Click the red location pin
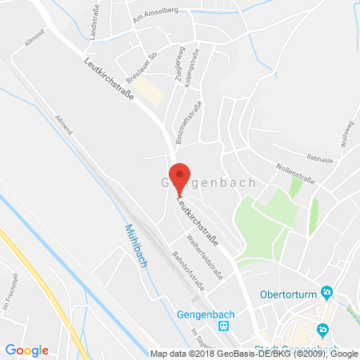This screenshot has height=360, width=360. (x=182, y=177)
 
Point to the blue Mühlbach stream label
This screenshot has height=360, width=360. (x=137, y=244)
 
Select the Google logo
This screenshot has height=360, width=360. (x=27, y=350)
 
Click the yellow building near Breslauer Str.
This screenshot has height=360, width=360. (x=150, y=94)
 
